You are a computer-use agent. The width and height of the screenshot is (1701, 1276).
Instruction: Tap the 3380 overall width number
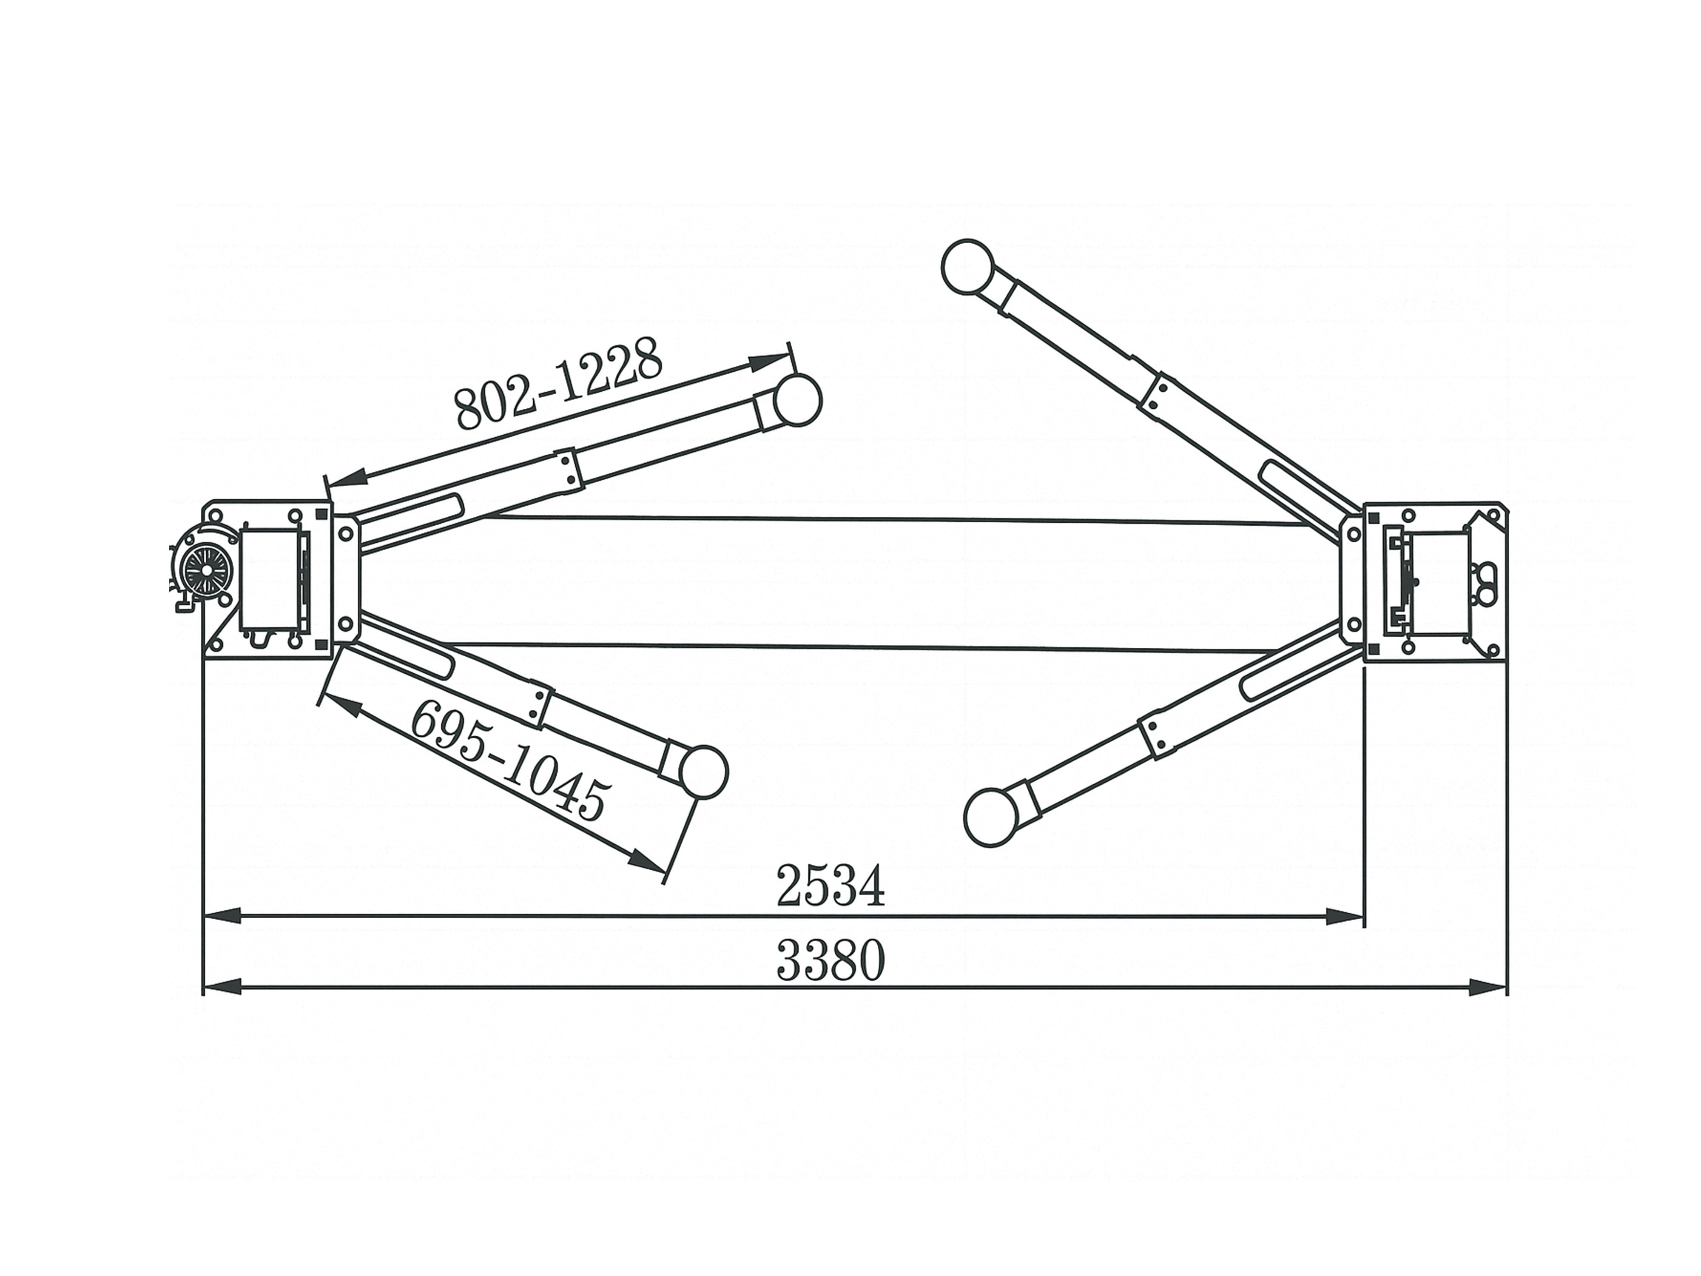pos(831,961)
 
